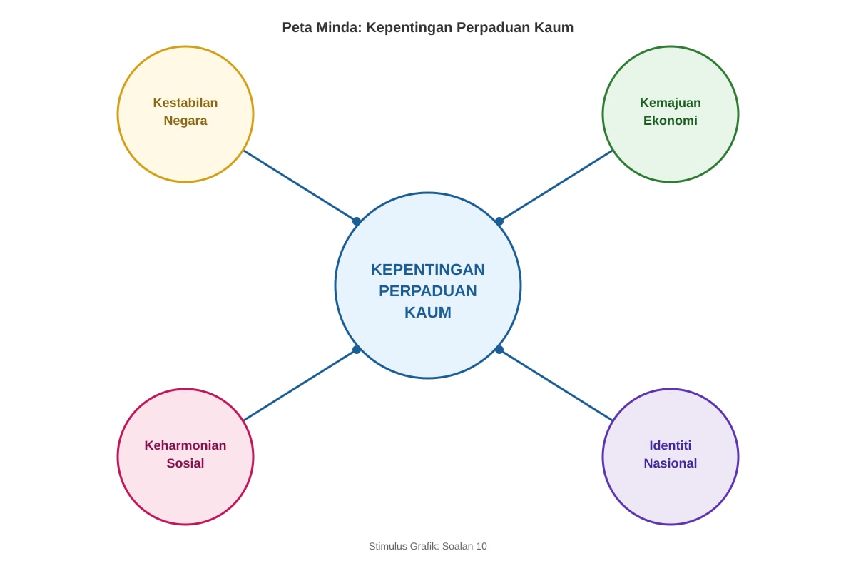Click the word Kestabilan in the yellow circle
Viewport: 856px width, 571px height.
[185, 103]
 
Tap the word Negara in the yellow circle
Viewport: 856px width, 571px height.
[185, 121]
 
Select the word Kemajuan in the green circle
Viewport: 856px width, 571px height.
[671, 103]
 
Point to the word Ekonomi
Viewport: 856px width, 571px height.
[671, 121]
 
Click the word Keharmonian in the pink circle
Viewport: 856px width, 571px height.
[185, 445]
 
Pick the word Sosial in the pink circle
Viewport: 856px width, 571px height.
[185, 463]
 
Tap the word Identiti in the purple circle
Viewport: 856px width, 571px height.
[671, 445]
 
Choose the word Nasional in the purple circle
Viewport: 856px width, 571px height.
[671, 463]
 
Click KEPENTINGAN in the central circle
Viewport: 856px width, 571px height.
[427, 270]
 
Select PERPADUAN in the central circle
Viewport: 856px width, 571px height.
[427, 291]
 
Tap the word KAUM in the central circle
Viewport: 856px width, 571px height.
[427, 313]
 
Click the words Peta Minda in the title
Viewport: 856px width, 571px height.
[322, 28]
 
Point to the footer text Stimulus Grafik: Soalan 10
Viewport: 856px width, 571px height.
[427, 546]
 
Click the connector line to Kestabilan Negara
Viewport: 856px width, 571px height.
[300, 186]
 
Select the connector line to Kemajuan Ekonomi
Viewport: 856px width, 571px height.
[556, 186]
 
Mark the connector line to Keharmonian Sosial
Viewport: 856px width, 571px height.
[300, 385]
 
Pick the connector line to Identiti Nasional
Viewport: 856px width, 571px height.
[556, 385]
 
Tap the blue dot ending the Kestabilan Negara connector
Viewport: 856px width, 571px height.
[357, 221]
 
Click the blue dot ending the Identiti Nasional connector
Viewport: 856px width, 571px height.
[499, 350]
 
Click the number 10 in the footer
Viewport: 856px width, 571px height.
[481, 546]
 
